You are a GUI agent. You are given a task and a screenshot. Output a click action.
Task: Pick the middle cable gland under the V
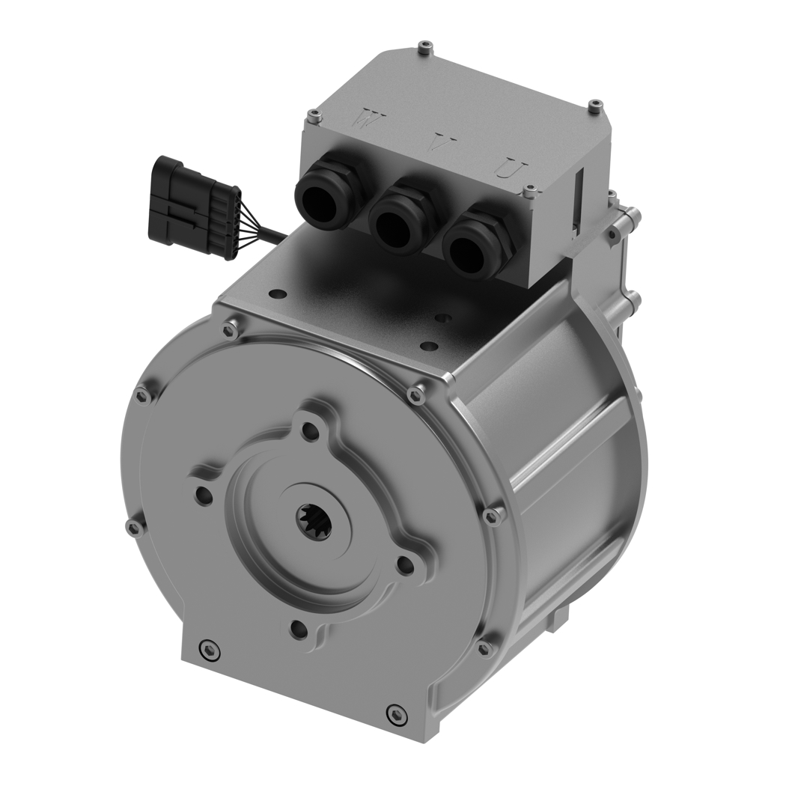(397, 222)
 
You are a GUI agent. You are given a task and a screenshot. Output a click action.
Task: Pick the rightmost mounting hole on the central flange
(404, 565)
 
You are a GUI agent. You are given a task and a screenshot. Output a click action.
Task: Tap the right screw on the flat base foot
(394, 713)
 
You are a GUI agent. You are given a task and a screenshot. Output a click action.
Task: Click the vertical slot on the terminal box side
(579, 192)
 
